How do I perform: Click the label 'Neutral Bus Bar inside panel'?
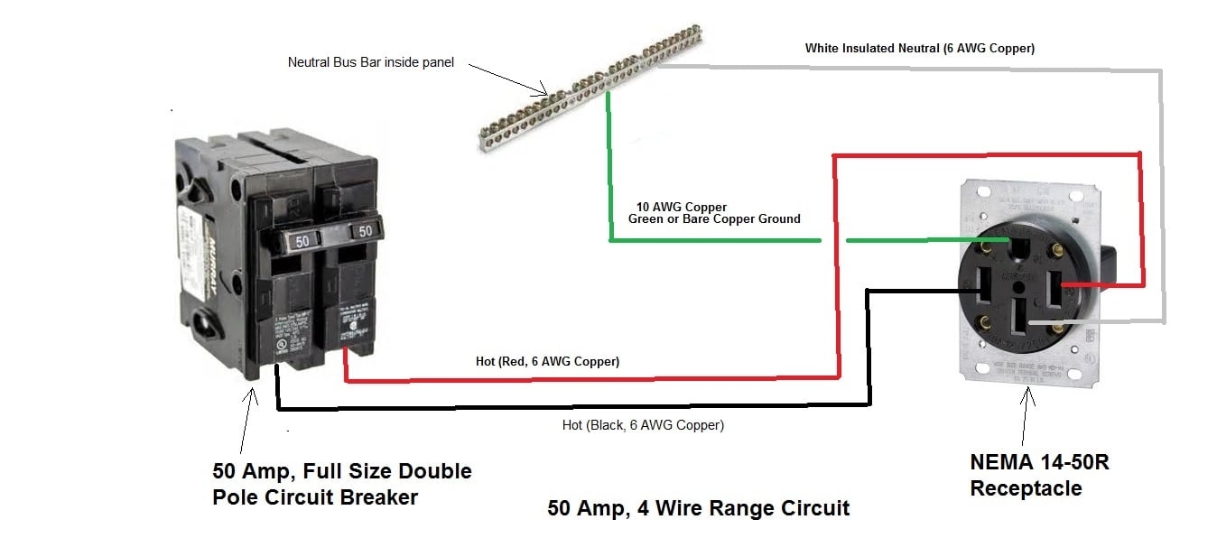click(370, 62)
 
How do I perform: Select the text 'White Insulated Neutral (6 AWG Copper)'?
click(919, 49)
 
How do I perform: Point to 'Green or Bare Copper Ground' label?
click(713, 219)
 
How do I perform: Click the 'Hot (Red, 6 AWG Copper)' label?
click(547, 362)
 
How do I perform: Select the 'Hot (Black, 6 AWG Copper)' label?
click(642, 424)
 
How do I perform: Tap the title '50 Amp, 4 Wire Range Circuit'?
click(698, 508)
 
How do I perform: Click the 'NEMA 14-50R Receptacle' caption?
click(1039, 476)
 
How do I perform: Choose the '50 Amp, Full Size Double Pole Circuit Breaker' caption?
click(341, 484)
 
